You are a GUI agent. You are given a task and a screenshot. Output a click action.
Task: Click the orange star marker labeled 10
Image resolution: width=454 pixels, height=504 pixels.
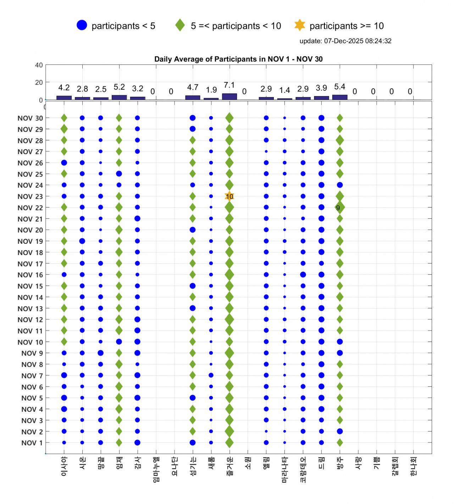[229, 196]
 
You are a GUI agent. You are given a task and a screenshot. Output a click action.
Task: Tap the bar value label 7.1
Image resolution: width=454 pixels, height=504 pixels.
[229, 85]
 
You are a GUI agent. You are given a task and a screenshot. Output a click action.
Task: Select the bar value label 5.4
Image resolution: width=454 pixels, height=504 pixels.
[339, 87]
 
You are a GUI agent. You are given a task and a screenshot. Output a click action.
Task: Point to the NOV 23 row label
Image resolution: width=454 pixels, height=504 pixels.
[30, 196]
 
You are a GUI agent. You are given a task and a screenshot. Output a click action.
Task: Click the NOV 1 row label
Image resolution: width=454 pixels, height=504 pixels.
[32, 443]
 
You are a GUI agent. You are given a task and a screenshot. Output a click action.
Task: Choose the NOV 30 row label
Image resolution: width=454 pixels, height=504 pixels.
[30, 118]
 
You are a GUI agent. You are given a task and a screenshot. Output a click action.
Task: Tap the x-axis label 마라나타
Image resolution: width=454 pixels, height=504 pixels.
[284, 470]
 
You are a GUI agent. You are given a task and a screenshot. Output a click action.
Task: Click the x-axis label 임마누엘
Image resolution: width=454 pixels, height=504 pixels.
[156, 470]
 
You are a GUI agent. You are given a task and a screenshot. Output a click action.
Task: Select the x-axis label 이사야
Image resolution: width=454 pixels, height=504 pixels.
[64, 466]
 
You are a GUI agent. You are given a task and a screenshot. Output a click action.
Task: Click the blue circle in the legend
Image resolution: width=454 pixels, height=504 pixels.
[82, 25]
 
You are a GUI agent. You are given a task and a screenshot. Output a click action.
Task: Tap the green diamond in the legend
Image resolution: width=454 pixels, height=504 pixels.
[180, 25]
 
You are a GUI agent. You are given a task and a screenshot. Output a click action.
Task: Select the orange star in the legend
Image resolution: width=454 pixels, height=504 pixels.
[300, 25]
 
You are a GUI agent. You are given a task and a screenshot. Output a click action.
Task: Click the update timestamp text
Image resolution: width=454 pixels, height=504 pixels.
[345, 41]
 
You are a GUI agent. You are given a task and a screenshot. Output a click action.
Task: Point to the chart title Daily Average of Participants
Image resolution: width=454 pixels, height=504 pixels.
[238, 59]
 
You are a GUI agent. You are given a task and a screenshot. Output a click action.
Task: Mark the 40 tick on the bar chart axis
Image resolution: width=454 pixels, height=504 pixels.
[39, 65]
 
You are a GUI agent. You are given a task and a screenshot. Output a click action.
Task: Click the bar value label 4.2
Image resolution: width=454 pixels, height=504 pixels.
[64, 88]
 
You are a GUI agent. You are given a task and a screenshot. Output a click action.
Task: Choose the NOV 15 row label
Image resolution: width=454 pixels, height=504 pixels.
[30, 286]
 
